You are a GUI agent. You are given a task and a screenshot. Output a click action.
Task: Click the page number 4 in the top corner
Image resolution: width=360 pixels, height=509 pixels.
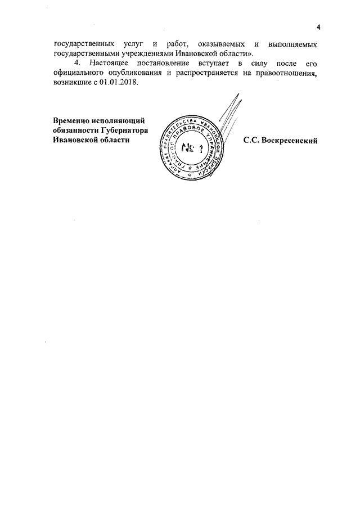click(318, 28)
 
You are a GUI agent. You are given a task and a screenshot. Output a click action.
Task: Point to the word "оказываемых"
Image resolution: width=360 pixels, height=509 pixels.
click(227, 43)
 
